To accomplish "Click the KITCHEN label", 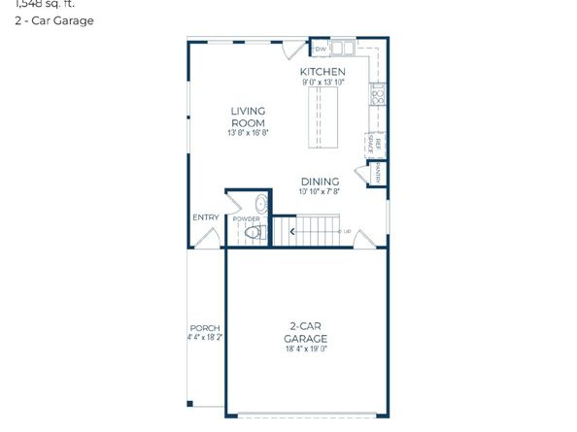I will [322, 73].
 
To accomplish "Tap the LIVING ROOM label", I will [248, 116].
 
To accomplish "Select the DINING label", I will [320, 182].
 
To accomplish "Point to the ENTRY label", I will [205, 217].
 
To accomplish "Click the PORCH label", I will [204, 328].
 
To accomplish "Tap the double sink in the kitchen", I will [342, 48].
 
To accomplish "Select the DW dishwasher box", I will [320, 48].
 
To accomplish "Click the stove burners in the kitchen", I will [376, 95].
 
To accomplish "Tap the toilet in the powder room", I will [255, 233].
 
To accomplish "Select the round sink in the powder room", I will [259, 204].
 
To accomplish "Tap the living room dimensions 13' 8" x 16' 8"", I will [248, 132].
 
